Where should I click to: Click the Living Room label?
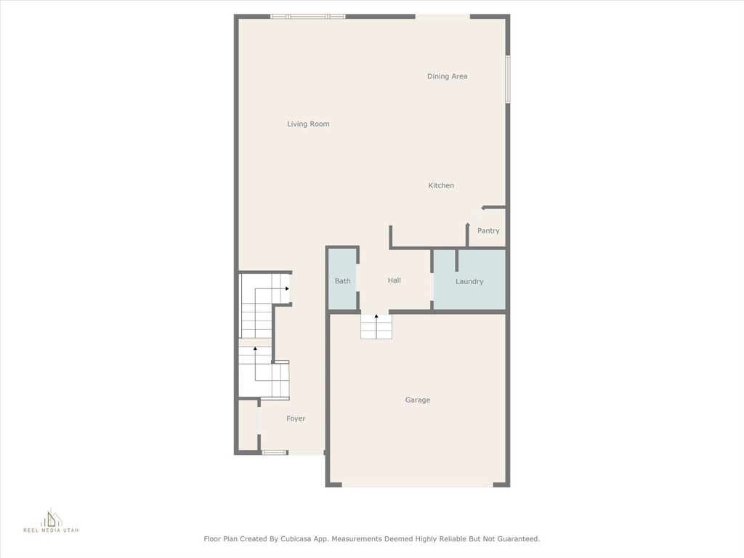(x=308, y=124)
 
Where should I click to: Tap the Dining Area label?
(x=447, y=76)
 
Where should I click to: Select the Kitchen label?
(x=441, y=185)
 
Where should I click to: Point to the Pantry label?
(x=488, y=231)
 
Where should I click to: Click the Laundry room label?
(x=469, y=281)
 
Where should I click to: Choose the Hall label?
(x=394, y=280)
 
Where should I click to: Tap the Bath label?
(x=343, y=281)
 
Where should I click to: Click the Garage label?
(x=418, y=400)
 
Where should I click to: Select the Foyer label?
(x=296, y=418)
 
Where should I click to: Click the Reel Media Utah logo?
(x=52, y=520)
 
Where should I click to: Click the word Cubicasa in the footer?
(x=297, y=539)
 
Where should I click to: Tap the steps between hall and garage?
(x=376, y=326)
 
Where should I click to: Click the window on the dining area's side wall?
(x=507, y=78)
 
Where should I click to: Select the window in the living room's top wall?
(x=308, y=17)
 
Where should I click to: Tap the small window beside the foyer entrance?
(x=275, y=452)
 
